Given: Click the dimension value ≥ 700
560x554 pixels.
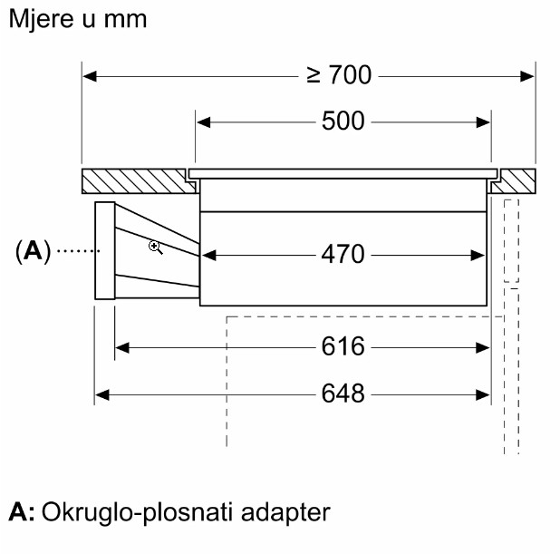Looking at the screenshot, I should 339,76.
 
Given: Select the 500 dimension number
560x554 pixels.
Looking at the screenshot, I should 343,121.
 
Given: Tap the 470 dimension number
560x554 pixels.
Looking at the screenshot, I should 343,255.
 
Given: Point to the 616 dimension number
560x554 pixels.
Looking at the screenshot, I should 343,346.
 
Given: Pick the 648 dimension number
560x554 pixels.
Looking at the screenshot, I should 343,394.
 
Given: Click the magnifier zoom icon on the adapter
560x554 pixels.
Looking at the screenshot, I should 156,246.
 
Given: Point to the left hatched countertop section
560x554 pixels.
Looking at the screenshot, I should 136,180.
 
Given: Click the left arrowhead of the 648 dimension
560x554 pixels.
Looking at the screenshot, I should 101,394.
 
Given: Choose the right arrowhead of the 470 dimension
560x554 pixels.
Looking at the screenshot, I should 484,255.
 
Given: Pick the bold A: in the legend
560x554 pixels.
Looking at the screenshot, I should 22,512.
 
